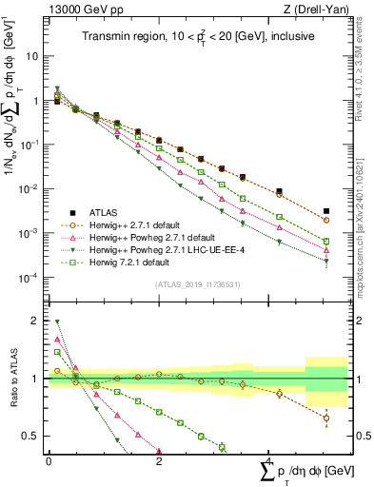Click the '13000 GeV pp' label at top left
73,10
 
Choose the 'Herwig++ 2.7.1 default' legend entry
141,224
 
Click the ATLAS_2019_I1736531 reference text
196,284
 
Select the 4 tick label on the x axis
269,461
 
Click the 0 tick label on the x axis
49,461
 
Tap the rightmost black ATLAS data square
326,211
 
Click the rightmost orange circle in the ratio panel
326,418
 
